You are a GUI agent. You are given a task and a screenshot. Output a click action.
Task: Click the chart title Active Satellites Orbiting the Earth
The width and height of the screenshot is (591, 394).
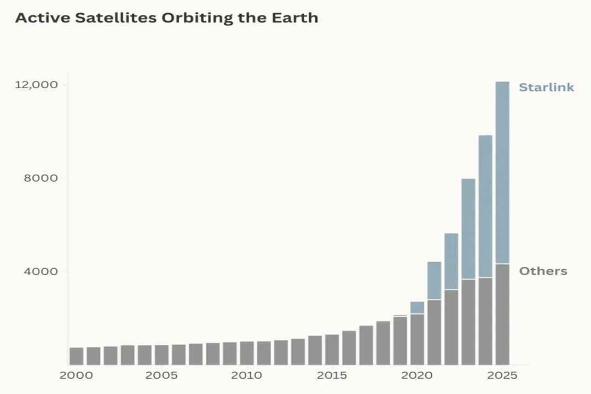coord(166,18)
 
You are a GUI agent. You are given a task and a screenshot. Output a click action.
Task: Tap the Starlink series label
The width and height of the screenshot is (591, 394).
coord(546,88)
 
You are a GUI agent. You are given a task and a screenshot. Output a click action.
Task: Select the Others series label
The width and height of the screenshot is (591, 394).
coord(543,271)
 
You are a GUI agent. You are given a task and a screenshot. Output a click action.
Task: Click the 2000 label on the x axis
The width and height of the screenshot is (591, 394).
coord(77,376)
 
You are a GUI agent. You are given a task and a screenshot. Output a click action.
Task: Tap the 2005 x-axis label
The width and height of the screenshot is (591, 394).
coord(161,376)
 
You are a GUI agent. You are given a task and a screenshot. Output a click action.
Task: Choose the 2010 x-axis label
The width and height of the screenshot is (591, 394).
coord(247,376)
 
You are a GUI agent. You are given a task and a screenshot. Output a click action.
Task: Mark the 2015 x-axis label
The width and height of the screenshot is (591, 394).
coord(332,376)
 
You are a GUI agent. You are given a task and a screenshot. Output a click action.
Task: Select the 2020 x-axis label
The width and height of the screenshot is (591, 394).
coord(417,376)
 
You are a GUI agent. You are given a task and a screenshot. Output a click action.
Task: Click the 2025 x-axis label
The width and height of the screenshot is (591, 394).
coord(502,376)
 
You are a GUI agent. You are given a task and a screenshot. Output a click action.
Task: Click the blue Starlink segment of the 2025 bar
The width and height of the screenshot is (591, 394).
coord(502,172)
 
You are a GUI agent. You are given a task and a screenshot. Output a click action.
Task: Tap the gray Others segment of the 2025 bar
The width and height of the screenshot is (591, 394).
coord(502,315)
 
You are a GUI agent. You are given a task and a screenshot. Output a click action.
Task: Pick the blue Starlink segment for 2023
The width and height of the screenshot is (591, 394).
coord(468,229)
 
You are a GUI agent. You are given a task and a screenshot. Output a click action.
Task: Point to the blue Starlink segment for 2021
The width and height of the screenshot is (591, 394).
coord(434,280)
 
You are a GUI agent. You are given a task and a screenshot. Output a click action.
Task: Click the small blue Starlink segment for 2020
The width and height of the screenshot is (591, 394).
coord(417,308)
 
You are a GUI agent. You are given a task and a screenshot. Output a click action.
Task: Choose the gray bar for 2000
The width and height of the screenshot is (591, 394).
coord(77,356)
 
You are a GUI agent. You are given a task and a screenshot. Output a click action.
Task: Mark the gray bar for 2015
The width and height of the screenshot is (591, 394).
coord(332,350)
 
